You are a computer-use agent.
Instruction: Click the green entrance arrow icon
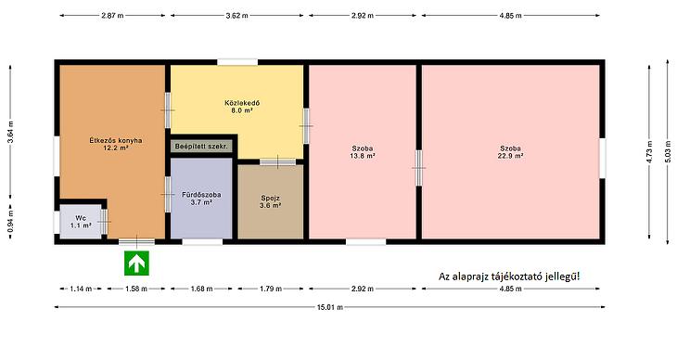coord(137,263)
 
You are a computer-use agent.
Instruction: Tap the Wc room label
coord(81,218)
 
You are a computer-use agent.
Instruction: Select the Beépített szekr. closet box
coord(201,147)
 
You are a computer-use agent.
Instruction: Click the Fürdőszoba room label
coord(201,195)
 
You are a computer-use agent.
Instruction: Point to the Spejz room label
coord(270,198)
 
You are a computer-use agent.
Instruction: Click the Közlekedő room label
coord(242,103)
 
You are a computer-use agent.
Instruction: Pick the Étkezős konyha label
coord(116,140)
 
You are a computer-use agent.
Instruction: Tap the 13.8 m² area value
coord(363,156)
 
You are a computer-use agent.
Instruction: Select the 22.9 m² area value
coord(510,156)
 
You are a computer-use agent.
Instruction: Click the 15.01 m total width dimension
coord(330,307)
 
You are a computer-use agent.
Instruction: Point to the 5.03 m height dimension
coord(668,151)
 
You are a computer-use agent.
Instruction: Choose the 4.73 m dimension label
coord(649,151)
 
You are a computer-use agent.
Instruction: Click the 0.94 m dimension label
coord(10,221)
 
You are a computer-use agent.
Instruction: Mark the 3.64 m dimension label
coord(10,132)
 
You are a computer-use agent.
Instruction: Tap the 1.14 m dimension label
coord(81,289)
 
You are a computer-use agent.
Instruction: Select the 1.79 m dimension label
coord(271,289)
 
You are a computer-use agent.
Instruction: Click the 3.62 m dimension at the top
coord(237,16)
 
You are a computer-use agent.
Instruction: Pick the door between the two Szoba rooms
coord(418,168)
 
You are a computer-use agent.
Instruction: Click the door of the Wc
coord(104,221)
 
